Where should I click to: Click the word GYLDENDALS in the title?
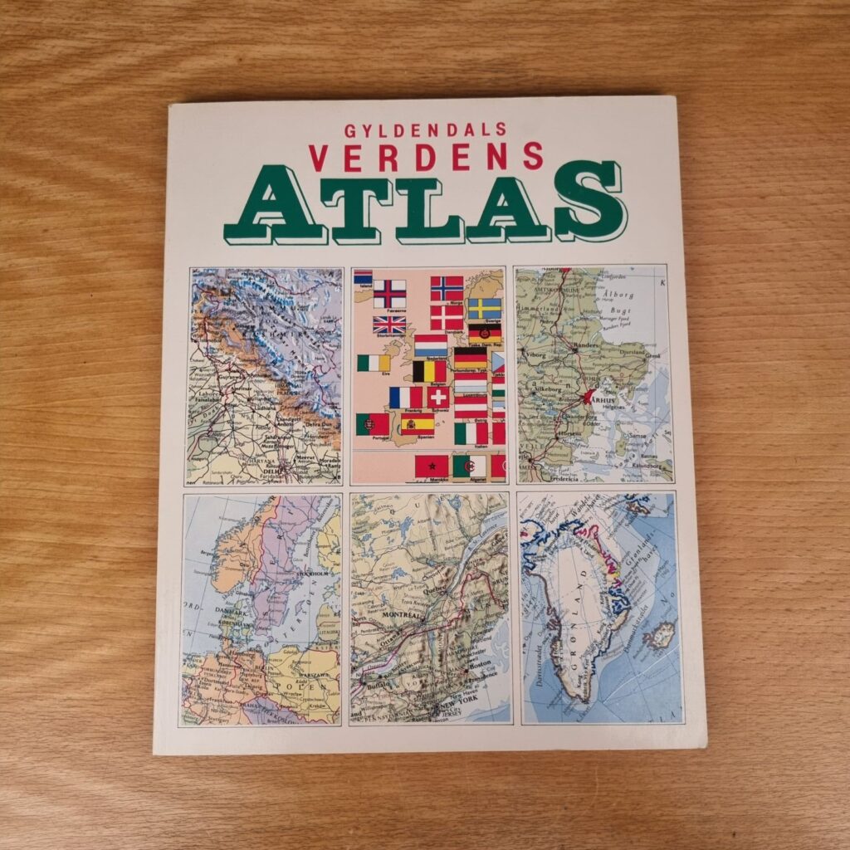424,129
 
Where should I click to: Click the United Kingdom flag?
388,325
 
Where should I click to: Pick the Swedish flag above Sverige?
484,309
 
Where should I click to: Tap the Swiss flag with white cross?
437,397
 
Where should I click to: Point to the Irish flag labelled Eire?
374,363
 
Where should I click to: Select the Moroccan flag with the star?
432,466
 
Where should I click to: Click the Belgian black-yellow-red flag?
429,370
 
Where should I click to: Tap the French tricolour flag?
405,398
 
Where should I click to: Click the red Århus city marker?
591,397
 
